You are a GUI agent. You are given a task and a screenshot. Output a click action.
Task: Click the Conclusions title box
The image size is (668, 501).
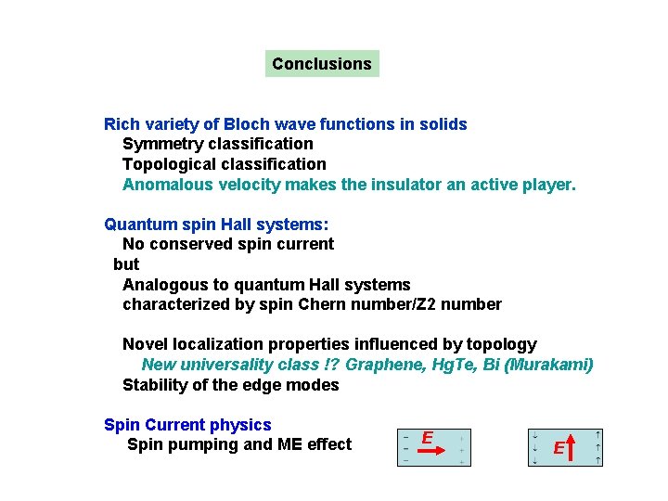(x=322, y=64)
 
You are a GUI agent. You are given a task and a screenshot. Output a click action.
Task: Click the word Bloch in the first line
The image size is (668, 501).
(x=246, y=123)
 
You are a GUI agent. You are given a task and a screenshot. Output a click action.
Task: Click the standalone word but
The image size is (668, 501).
(x=126, y=264)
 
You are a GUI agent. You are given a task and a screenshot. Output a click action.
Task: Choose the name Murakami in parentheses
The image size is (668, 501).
(x=553, y=365)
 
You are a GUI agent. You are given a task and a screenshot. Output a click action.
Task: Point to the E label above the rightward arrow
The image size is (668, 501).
(x=428, y=437)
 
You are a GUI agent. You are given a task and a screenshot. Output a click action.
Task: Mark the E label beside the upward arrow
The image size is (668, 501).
(x=559, y=449)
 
